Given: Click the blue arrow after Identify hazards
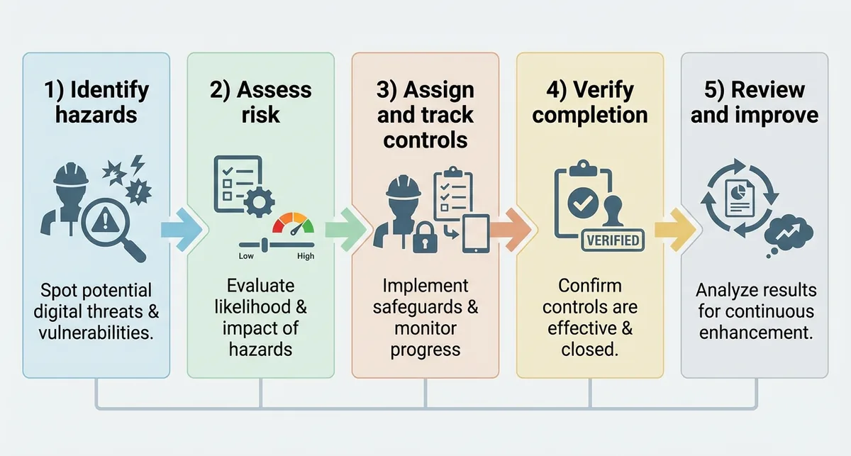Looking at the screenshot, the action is pos(182,230).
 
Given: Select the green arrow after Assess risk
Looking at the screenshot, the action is pos(346,230).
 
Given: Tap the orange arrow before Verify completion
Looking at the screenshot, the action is pos(511,230).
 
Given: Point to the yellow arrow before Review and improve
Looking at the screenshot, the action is pos(675,230).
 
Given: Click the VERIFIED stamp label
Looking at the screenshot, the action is pos(613,240).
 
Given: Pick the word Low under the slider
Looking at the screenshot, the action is pos(246,256).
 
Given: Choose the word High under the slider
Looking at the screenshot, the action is pos(306,256).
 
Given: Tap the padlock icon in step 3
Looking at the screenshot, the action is pos(425,238).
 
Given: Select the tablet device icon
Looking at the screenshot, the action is pos(476,234).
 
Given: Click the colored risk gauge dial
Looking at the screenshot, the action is pos(294,223).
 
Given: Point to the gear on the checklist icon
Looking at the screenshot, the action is pos(259,203).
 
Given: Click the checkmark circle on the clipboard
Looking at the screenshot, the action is pos(583,203).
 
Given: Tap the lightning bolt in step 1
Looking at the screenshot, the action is pos(137,164).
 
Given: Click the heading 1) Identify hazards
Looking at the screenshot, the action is pos(96,102).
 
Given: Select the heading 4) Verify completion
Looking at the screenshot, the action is pos(590,102).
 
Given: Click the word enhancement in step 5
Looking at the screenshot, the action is pos(756,333).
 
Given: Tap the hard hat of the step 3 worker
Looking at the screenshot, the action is pos(403,187).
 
